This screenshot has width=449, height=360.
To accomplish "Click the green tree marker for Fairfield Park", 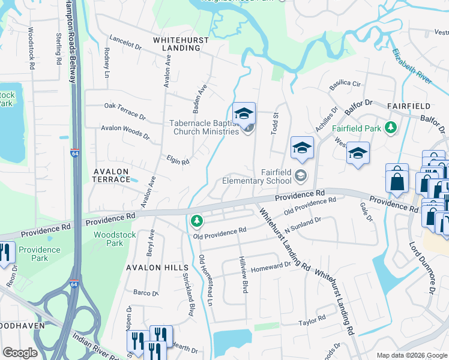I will pyautogui.click(x=391, y=128).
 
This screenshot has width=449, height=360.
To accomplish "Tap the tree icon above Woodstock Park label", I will pyautogui.click(x=196, y=222).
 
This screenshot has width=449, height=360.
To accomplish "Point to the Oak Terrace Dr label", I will pyautogui.click(x=125, y=109).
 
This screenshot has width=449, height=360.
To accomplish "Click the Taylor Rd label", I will pyautogui.click(x=312, y=319).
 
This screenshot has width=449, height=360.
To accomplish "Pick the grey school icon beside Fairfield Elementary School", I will pyautogui.click(x=301, y=176).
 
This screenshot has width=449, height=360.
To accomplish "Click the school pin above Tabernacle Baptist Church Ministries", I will pyautogui.click(x=244, y=113).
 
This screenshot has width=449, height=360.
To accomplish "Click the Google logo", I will pyautogui.click(x=20, y=352).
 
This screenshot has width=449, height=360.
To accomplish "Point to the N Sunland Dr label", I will pyautogui.click(x=303, y=225).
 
